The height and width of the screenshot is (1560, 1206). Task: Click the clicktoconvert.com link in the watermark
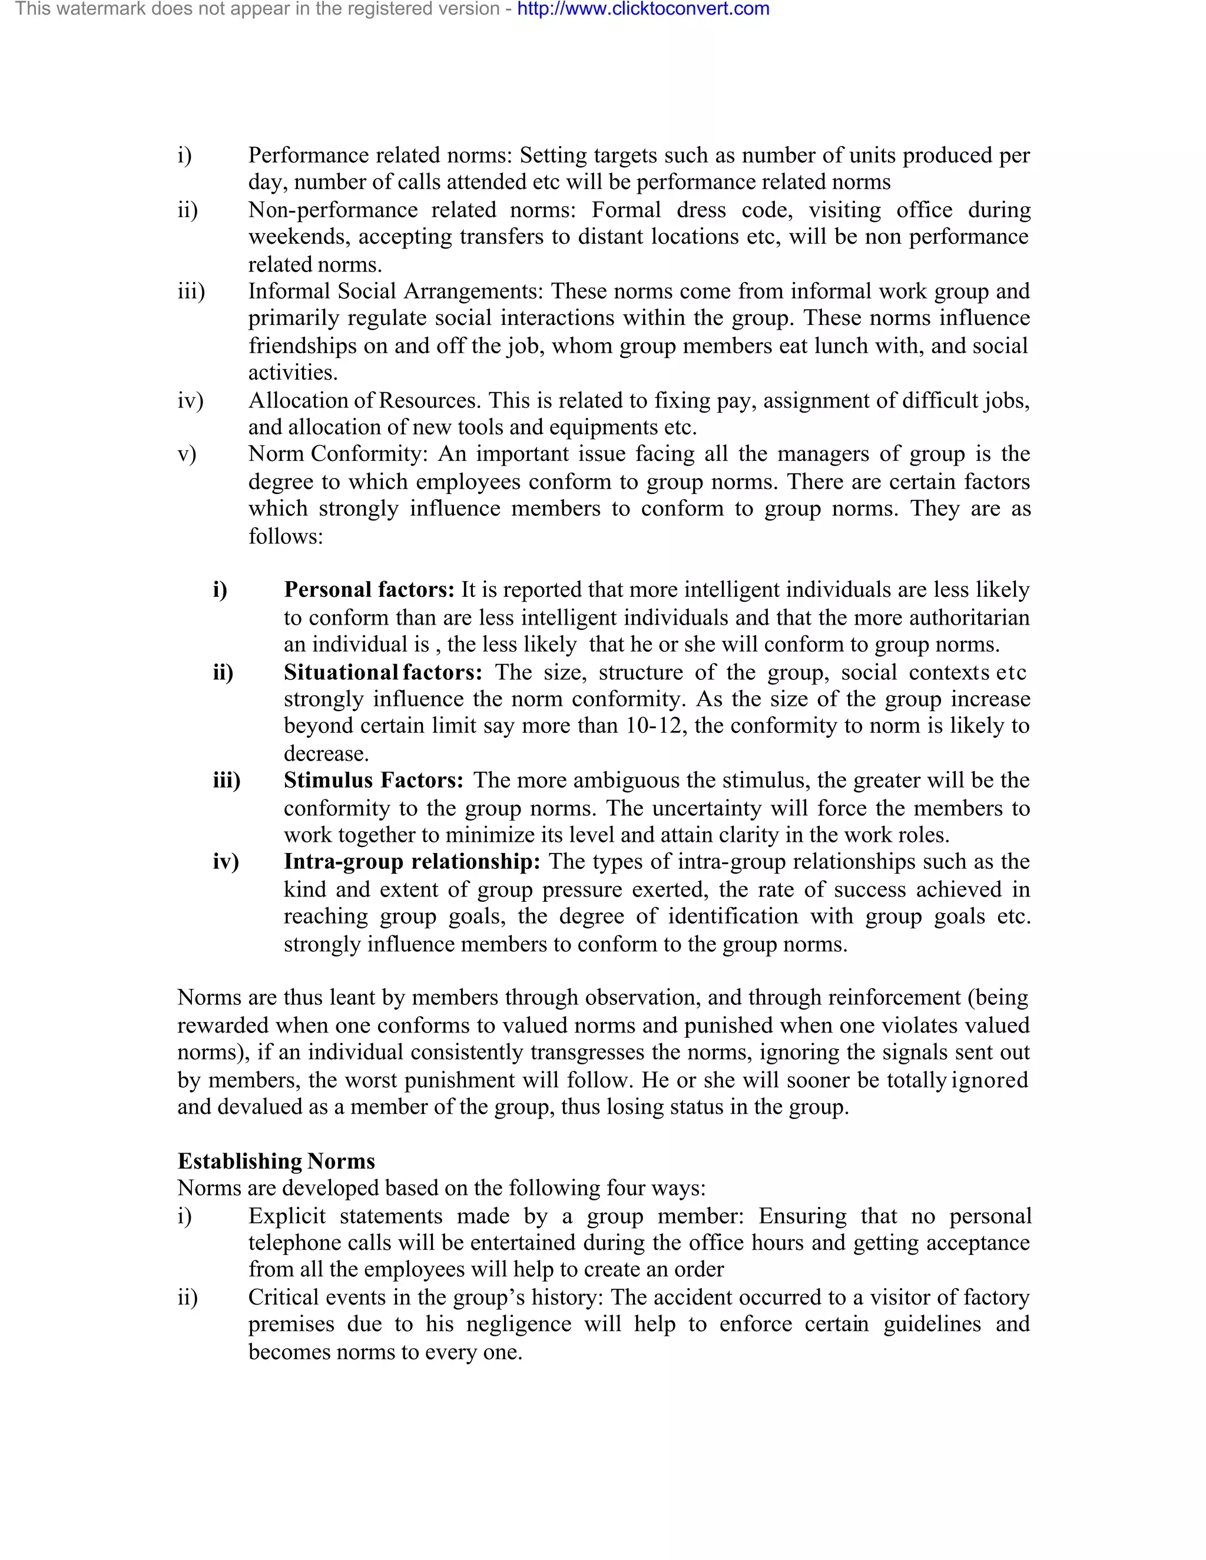[643, 9]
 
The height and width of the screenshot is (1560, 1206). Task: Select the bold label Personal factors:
[369, 589]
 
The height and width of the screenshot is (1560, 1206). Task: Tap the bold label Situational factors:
[383, 672]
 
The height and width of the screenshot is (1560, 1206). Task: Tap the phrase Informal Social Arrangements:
[396, 291]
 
